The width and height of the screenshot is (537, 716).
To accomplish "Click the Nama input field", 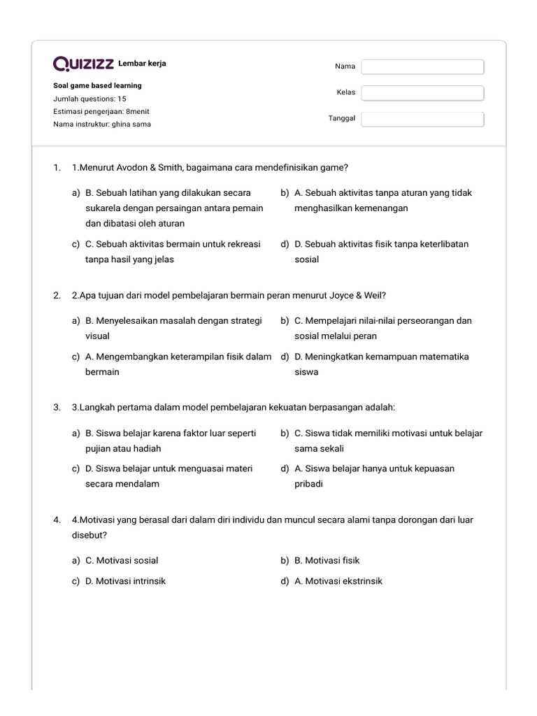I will click(x=422, y=66).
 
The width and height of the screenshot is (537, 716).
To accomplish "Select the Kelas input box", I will click(x=422, y=93).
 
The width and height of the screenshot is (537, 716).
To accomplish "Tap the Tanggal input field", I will click(x=422, y=119).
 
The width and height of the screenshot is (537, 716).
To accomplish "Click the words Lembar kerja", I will click(x=143, y=64).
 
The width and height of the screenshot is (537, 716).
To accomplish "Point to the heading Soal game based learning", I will click(x=97, y=85).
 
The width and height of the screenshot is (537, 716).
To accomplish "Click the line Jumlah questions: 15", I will click(x=89, y=99).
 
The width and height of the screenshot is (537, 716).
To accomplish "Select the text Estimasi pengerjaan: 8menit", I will click(x=101, y=111).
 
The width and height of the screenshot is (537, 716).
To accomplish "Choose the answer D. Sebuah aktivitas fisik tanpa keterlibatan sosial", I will click(x=381, y=252).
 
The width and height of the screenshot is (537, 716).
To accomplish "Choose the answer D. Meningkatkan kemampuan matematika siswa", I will click(x=381, y=364).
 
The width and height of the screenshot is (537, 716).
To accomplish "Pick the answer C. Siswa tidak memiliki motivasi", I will click(x=388, y=441).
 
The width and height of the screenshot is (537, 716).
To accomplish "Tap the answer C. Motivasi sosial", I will click(x=122, y=560).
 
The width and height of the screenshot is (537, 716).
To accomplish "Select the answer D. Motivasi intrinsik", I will click(x=125, y=581).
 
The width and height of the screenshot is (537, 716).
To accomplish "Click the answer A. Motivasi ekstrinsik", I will click(x=338, y=581).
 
